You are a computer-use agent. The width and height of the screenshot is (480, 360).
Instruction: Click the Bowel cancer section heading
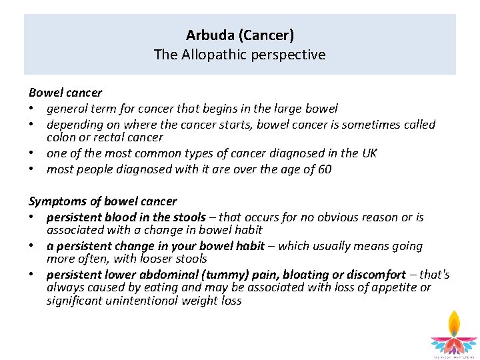click(65, 93)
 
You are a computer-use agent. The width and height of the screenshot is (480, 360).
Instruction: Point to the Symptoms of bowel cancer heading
click(103, 201)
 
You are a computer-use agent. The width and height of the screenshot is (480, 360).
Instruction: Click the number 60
click(324, 169)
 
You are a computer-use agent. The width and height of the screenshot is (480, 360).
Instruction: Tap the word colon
click(61, 137)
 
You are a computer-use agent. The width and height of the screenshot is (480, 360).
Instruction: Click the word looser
click(155, 259)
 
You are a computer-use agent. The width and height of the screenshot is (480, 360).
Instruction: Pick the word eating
click(164, 287)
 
